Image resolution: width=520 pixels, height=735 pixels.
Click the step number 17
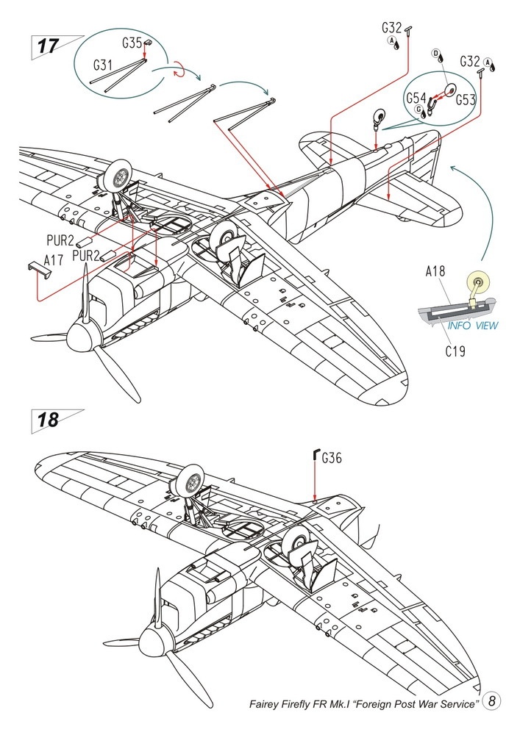tap(48, 46)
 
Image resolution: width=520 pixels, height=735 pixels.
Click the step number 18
tap(48, 420)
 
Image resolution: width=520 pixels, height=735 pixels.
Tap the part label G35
tap(132, 43)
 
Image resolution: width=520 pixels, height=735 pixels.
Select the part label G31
tap(103, 65)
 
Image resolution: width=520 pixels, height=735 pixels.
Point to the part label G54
tap(416, 98)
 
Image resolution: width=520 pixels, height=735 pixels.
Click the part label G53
tap(466, 100)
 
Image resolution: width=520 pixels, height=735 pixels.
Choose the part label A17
tap(54, 260)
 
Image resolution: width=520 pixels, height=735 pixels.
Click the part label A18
tap(435, 271)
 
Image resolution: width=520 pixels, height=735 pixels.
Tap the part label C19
tap(455, 351)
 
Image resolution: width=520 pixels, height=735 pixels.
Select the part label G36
tap(332, 457)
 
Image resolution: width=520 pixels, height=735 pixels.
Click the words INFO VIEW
tap(473, 326)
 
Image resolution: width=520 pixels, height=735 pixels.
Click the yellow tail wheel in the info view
tap(479, 283)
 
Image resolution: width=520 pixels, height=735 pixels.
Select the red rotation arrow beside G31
tap(179, 71)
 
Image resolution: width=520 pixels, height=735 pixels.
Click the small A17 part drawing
tap(38, 270)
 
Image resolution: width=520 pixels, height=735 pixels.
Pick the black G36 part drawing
tap(316, 455)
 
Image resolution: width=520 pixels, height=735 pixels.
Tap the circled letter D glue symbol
tap(435, 52)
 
